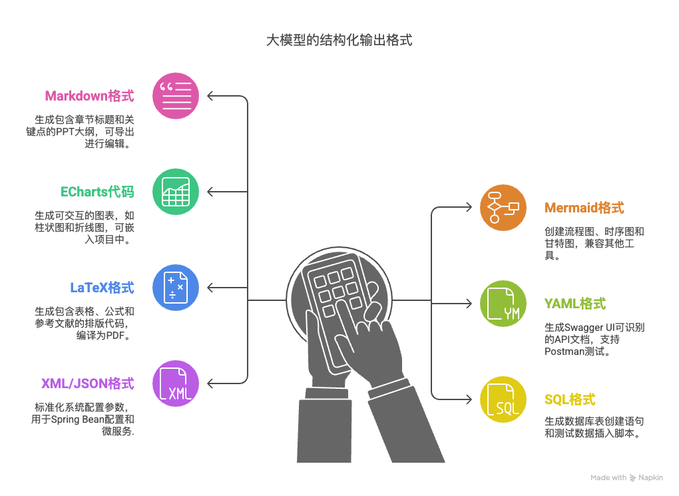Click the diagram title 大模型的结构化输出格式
tap(339, 41)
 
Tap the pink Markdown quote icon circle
tap(176, 96)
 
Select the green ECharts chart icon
tap(176, 192)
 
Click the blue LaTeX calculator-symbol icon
tap(176, 288)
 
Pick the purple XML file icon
tap(176, 383)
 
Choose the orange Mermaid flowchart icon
tap(503, 208)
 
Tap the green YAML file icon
tap(503, 304)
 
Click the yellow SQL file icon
tap(503, 399)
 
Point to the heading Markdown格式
tap(89, 96)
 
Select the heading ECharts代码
tap(97, 192)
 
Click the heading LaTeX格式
tap(102, 288)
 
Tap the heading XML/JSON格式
tap(87, 383)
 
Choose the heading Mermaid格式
tap(584, 208)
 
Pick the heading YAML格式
tap(575, 304)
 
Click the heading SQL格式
tap(570, 399)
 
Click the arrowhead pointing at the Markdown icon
tap(210, 96)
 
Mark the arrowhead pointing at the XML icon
tap(210, 383)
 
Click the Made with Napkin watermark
tap(626, 477)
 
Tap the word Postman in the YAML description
tap(563, 351)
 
